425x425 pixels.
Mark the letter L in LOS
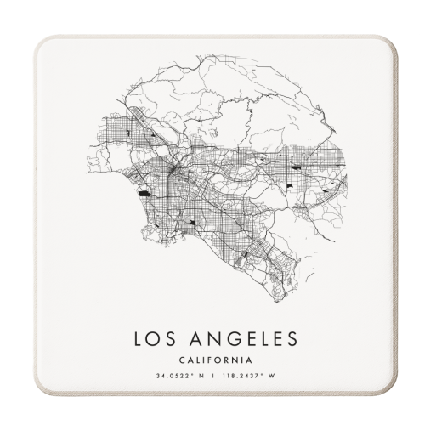138,339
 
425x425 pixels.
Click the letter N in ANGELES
209,339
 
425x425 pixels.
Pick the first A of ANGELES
192,339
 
